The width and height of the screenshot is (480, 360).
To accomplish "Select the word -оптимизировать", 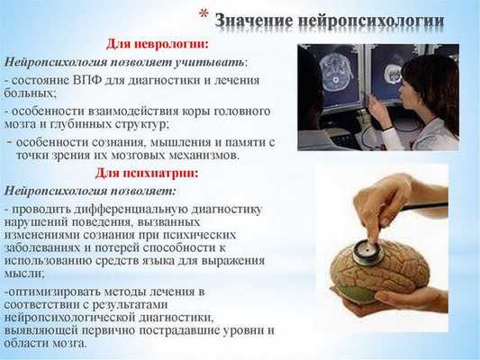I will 47,292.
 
